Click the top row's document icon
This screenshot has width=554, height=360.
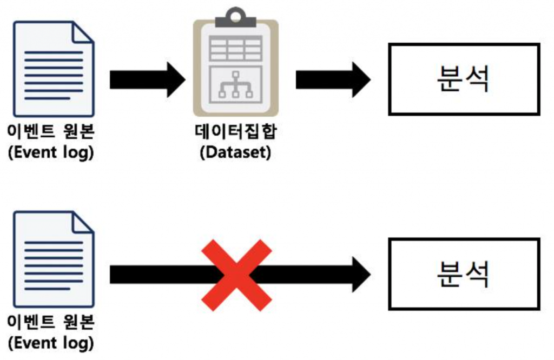tap(53, 69)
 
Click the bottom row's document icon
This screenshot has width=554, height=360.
tap(53, 259)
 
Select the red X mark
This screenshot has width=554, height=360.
tap(236, 276)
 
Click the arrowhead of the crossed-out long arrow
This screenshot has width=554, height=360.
tap(360, 275)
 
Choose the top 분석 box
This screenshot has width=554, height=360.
tap(464, 79)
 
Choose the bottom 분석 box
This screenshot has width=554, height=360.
tap(464, 275)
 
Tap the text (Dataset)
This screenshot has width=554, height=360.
tap(235, 152)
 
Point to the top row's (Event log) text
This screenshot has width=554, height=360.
tap(51, 152)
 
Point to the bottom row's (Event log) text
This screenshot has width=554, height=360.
tap(51, 343)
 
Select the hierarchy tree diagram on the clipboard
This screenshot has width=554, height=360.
tap(235, 85)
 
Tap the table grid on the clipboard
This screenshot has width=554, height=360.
tap(235, 48)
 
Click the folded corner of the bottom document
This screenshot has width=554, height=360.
tap(83, 222)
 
